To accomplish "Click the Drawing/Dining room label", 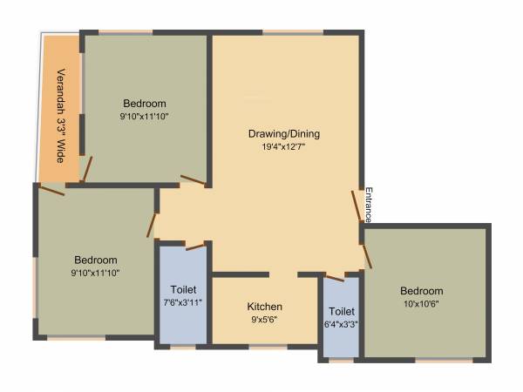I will (x=284, y=133).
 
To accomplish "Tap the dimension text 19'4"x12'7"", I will (x=284, y=147).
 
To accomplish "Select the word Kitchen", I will (x=264, y=307).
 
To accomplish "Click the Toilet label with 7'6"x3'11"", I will (x=183, y=289).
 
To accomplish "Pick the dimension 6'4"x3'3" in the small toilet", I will (x=341, y=325).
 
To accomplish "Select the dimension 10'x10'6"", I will (x=422, y=304).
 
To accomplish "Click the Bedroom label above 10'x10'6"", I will (x=422, y=291).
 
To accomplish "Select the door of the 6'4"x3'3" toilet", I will (x=341, y=276).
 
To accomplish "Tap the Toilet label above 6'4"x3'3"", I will (x=341, y=311).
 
